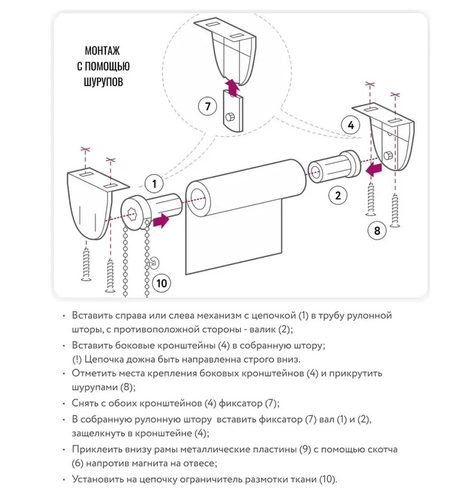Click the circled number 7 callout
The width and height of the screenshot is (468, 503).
pyautogui.click(x=207, y=106)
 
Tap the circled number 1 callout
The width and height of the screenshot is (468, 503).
pyautogui.click(x=154, y=184)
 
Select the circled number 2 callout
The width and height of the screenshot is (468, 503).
pyautogui.click(x=338, y=196)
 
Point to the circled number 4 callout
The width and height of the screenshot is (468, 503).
pyautogui.click(x=351, y=125)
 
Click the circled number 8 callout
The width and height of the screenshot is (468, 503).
pyautogui.click(x=377, y=230)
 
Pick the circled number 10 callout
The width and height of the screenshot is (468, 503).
pyautogui.click(x=161, y=283)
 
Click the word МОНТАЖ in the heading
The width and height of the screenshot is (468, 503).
pyautogui.click(x=102, y=51)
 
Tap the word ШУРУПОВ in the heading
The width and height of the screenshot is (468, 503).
pyautogui.click(x=103, y=82)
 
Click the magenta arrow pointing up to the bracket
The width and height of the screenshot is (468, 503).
pyautogui.click(x=231, y=87)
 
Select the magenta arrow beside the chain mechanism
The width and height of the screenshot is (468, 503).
pyautogui.click(x=161, y=221)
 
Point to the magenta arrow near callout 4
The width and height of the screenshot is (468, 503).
pyautogui.click(x=374, y=169)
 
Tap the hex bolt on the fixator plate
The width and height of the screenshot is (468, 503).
pyautogui.click(x=230, y=117)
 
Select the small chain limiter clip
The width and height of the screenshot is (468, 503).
pyautogui.click(x=155, y=263)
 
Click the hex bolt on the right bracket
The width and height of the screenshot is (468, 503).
pyautogui.click(x=388, y=156)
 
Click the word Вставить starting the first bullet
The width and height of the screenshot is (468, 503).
pyautogui.click(x=93, y=316)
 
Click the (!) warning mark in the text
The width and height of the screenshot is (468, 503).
pyautogui.click(x=77, y=360)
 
